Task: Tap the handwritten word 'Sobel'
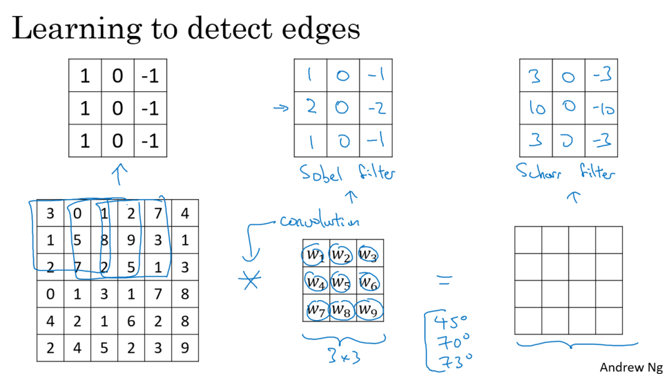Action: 321,173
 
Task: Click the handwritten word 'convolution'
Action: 320,223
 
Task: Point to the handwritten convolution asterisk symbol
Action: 249,281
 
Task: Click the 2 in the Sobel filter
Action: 311,108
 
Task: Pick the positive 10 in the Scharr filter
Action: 535,109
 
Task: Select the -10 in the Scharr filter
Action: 601,109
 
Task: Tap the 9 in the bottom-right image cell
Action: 185,348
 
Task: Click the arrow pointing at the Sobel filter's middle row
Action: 280,108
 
